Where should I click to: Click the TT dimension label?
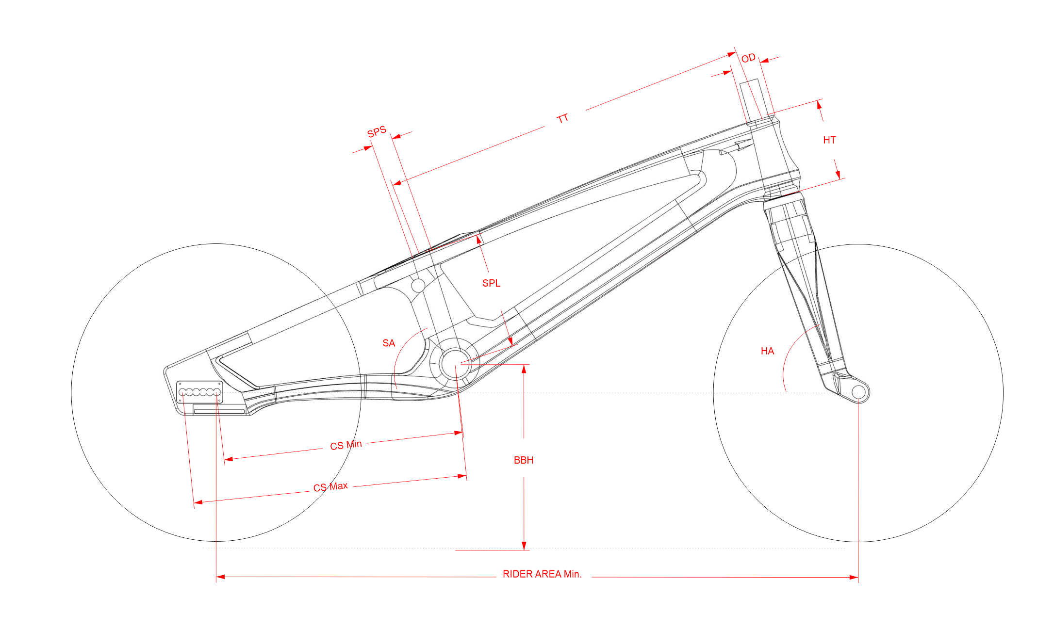click(563, 118)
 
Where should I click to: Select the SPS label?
click(377, 131)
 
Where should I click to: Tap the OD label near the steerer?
click(748, 58)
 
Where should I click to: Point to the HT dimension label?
click(829, 140)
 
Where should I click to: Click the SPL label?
click(491, 283)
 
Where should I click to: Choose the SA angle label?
click(389, 343)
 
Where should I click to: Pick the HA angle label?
click(767, 351)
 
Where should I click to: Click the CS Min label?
click(346, 445)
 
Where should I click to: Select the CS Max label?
click(330, 486)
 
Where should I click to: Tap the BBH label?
click(524, 460)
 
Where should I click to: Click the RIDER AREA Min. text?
click(542, 574)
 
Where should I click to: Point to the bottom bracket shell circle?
click(455, 364)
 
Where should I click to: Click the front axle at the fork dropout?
click(858, 392)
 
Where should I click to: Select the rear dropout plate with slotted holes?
click(199, 392)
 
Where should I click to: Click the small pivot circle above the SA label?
click(418, 285)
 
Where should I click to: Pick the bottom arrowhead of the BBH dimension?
click(524, 546)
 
